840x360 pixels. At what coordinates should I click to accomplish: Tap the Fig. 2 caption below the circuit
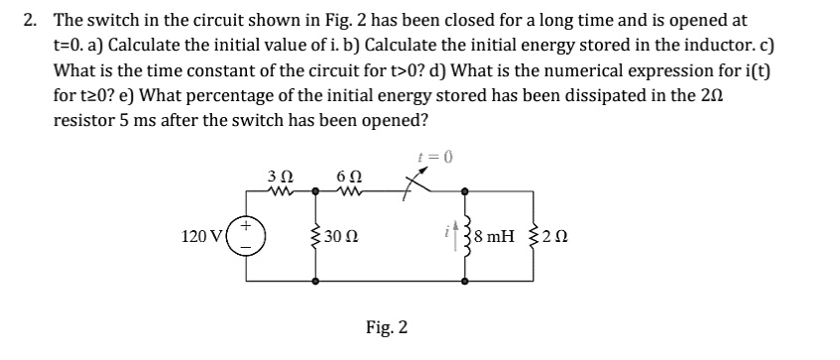click(388, 327)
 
